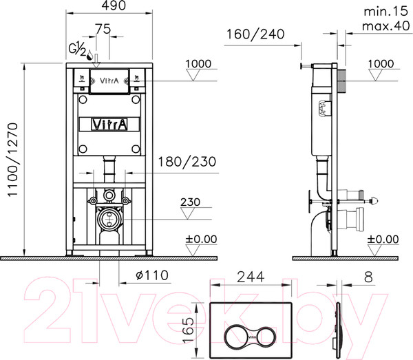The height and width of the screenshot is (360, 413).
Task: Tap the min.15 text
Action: pos(383,12)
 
